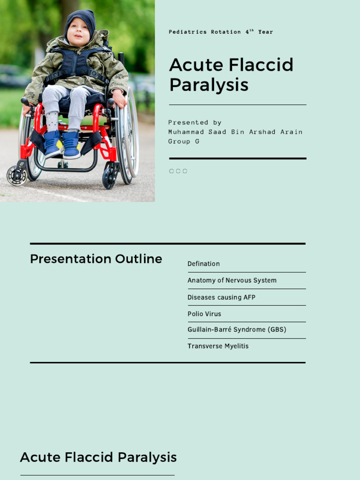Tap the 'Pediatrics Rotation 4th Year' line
(220, 32)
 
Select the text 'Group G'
(184, 141)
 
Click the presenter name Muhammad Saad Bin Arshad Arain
(235, 132)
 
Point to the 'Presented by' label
(195, 122)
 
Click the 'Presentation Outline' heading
(96, 259)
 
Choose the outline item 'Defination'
(203, 264)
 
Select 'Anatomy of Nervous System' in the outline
(232, 280)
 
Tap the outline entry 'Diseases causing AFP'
(221, 297)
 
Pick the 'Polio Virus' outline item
(204, 314)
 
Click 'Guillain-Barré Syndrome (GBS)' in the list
(237, 330)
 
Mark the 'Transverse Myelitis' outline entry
(218, 346)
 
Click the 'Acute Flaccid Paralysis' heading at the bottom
(98, 457)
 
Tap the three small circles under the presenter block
(178, 171)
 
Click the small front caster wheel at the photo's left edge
(17, 175)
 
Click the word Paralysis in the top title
(209, 85)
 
